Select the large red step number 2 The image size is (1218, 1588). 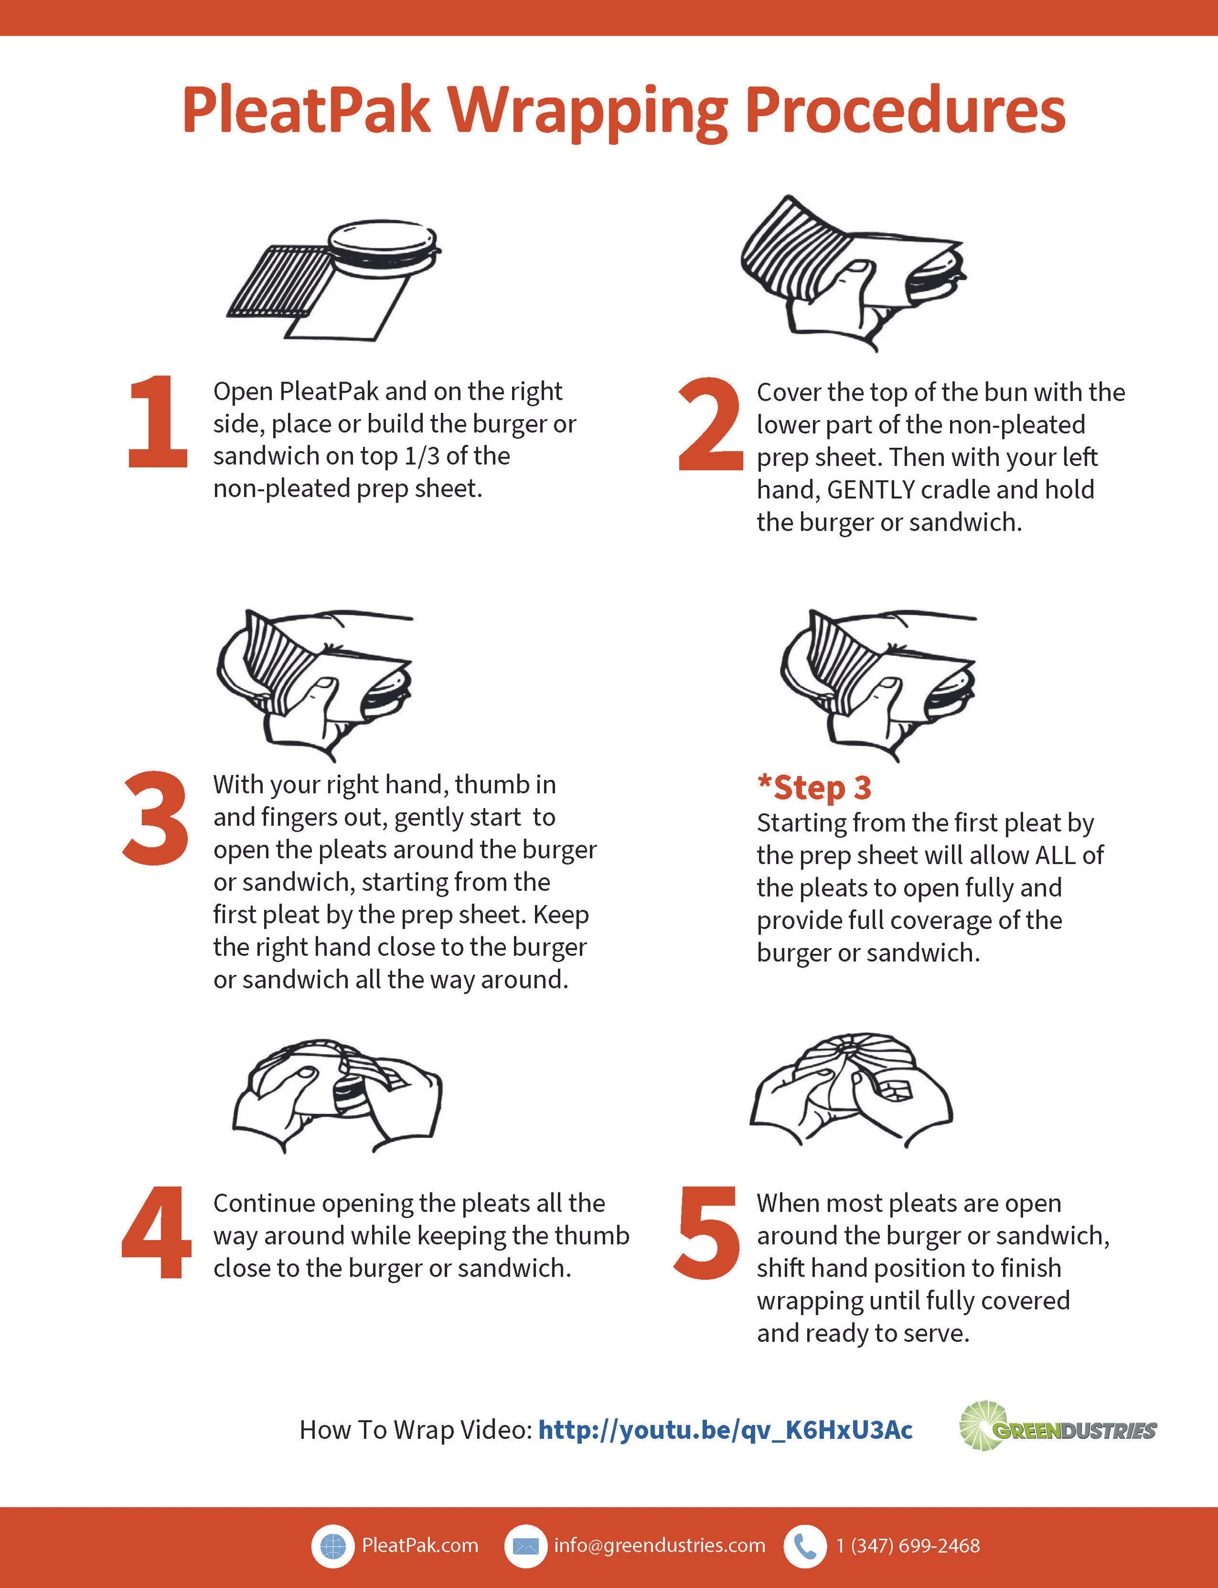pos(710,424)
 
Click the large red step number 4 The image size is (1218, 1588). pos(156,1232)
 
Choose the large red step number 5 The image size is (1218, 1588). pos(707,1233)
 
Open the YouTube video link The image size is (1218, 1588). pos(725,1430)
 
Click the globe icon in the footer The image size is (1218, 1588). pos(332,1545)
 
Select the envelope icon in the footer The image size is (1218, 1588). pos(525,1545)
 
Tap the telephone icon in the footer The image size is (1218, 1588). pos(805,1545)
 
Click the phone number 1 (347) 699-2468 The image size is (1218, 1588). pos(908,1545)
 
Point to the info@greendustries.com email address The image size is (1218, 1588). pos(660,1545)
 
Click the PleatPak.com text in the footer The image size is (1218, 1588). pos(420,1545)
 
